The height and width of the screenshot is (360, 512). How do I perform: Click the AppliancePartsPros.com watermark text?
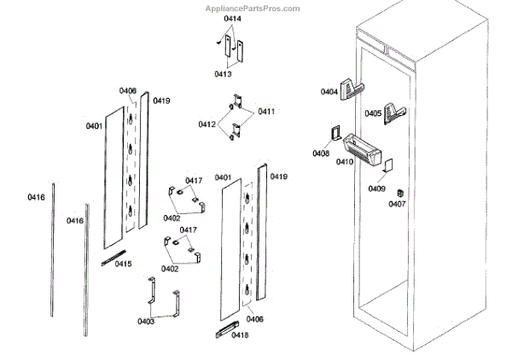(x=253, y=9)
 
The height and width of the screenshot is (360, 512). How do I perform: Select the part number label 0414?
(x=232, y=18)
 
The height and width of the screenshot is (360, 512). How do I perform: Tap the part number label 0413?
(x=223, y=74)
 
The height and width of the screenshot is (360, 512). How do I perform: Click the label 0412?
(x=207, y=125)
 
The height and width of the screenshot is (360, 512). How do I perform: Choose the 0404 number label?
(x=330, y=91)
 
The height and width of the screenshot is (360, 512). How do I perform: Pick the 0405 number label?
(x=373, y=113)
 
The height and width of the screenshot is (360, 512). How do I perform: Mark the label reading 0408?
(x=321, y=154)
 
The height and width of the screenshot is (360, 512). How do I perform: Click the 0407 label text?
(x=397, y=205)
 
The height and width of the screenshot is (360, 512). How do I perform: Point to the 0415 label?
(x=123, y=264)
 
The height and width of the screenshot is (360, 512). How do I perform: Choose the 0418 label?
(x=240, y=335)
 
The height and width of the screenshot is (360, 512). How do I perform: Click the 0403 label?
(x=146, y=322)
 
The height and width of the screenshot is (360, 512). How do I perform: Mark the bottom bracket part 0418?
(x=229, y=328)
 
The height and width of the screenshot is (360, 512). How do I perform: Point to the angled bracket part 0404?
(x=352, y=89)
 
